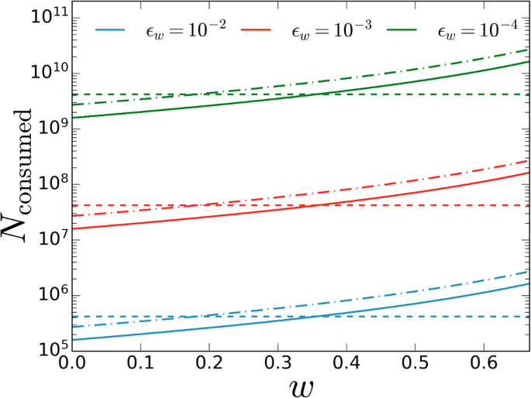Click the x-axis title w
[x=300, y=384]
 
